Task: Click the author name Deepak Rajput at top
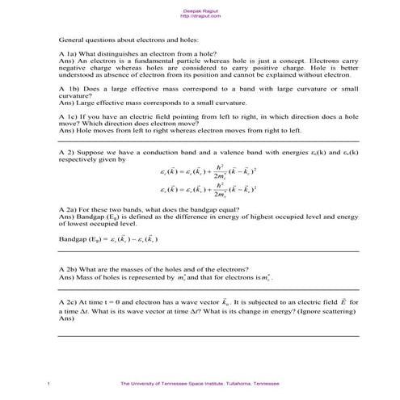[200, 10]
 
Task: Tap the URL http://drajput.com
[200, 15]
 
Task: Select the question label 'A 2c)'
[69, 301]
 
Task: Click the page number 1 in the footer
[50, 383]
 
